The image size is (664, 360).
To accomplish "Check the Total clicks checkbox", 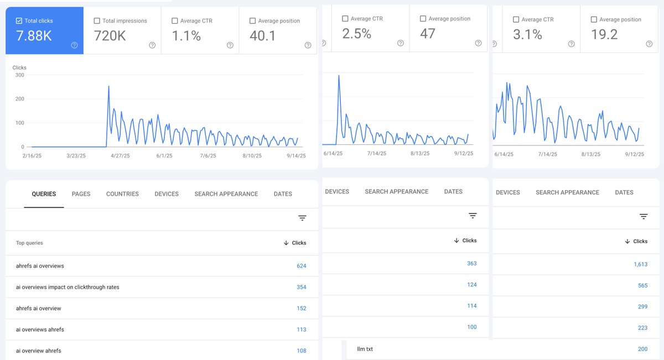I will point(19,21).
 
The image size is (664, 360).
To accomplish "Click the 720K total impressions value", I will point(110,36).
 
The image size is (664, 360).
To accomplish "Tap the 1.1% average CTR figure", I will point(186,36).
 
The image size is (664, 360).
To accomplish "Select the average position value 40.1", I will point(262,36).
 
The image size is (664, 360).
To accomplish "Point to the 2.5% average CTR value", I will point(356,34).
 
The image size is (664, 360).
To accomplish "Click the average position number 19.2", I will point(604,34).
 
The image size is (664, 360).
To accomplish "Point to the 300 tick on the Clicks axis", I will point(19,75).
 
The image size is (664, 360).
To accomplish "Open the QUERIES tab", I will point(44,194).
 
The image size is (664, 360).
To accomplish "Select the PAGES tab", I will point(81,194).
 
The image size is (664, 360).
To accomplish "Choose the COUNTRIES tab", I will point(122,194).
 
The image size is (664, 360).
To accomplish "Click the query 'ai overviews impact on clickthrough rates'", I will point(68,287).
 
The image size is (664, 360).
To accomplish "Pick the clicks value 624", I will point(301,266).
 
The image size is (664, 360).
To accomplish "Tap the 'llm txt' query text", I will point(365,349).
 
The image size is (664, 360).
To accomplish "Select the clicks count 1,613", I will point(640,264).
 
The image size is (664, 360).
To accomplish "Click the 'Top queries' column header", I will point(29,243).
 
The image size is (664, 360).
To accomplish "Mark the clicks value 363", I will point(471,264).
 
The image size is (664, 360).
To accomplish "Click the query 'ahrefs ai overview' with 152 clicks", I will point(39,308).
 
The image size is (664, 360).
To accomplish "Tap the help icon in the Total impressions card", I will point(152,45).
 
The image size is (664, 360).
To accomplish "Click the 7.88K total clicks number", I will point(34,36).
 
